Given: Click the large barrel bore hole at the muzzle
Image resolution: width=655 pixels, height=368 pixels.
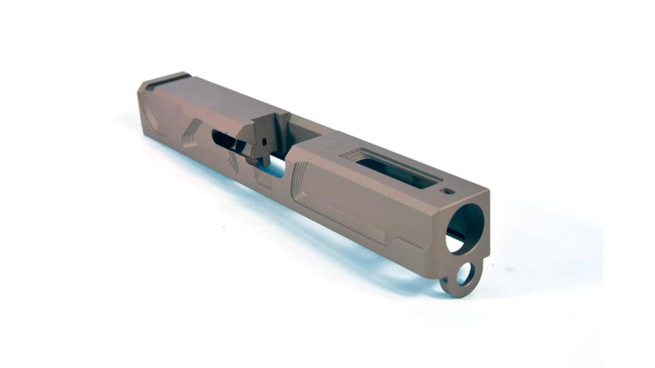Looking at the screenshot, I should tap(464, 227).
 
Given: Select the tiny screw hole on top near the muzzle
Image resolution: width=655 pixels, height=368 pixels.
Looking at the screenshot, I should tap(449, 191).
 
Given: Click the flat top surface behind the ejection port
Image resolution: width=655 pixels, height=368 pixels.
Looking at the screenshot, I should tap(221, 100).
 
